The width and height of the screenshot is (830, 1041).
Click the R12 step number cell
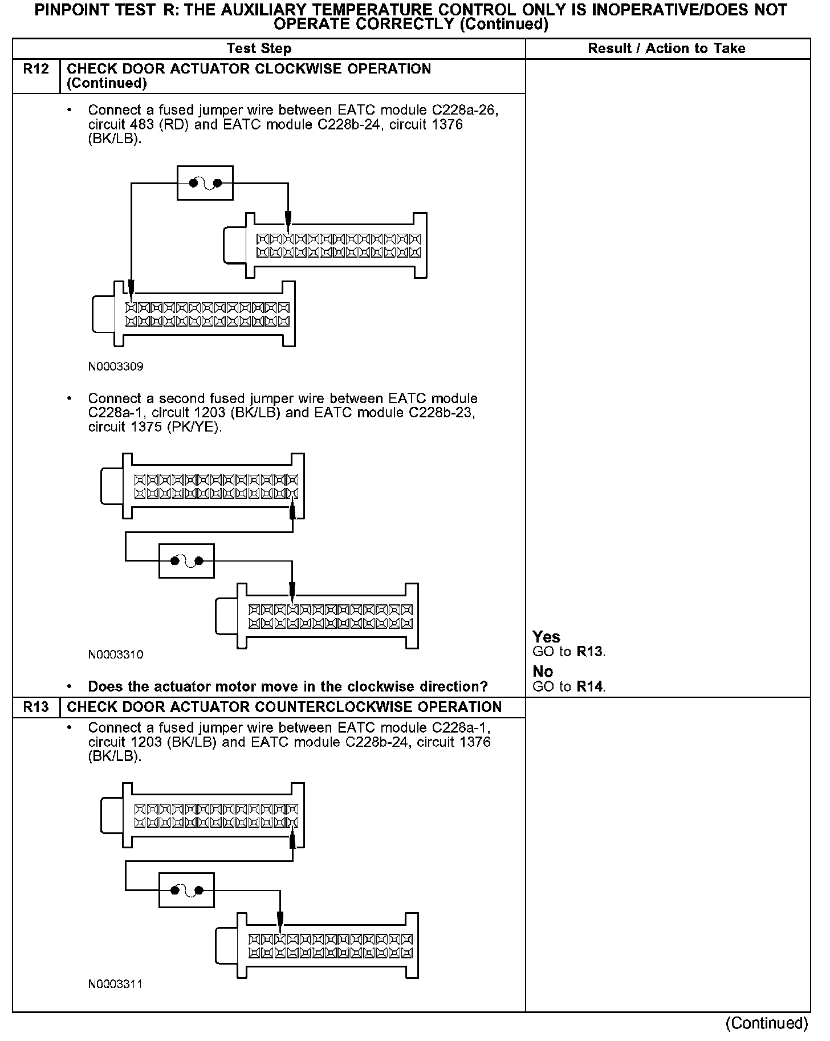pyautogui.click(x=36, y=70)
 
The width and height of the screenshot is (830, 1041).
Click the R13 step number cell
pyautogui.click(x=36, y=707)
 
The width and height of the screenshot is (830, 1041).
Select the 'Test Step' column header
pyautogui.click(x=259, y=48)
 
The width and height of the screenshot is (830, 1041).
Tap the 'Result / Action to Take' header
pyautogui.click(x=666, y=48)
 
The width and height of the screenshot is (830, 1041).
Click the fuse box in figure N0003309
pyautogui.click(x=205, y=183)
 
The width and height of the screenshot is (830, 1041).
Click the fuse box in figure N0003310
pyautogui.click(x=186, y=561)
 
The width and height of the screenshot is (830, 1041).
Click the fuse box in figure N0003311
pyautogui.click(x=186, y=890)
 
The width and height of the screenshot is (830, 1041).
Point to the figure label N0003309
pyautogui.click(x=116, y=367)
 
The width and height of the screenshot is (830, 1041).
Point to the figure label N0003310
pyautogui.click(x=116, y=654)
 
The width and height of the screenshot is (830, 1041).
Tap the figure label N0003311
pyautogui.click(x=116, y=984)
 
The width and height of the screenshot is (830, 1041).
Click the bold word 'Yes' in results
pyautogui.click(x=546, y=637)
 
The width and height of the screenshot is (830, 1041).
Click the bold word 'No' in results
pyautogui.click(x=543, y=671)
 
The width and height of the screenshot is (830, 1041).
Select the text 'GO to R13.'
pyautogui.click(x=569, y=652)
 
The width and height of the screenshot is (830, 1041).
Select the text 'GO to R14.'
pyautogui.click(x=569, y=686)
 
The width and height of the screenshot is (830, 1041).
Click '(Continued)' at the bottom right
pyautogui.click(x=767, y=1023)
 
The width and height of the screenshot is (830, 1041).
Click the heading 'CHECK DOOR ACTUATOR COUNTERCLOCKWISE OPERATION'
pyautogui.click(x=284, y=707)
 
